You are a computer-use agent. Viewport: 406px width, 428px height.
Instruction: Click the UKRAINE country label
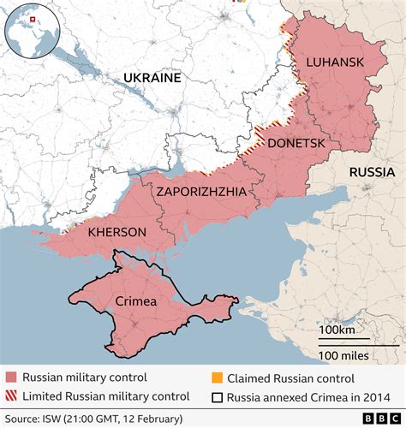pyautogui.click(x=152, y=78)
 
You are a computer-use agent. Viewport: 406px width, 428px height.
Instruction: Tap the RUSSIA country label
pyautogui.click(x=372, y=172)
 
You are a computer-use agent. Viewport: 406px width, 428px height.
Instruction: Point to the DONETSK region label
pyautogui.click(x=296, y=144)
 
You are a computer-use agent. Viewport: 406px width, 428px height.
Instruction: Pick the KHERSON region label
pyautogui.click(x=117, y=232)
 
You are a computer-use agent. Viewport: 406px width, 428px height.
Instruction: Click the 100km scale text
pyautogui.click(x=338, y=330)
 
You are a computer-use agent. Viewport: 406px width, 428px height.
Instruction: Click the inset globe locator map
pyautogui.click(x=32, y=32)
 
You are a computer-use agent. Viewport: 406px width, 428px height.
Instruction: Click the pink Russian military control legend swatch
pyautogui.click(x=11, y=377)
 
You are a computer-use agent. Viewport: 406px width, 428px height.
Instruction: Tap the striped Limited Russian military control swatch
pyautogui.click(x=11, y=396)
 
